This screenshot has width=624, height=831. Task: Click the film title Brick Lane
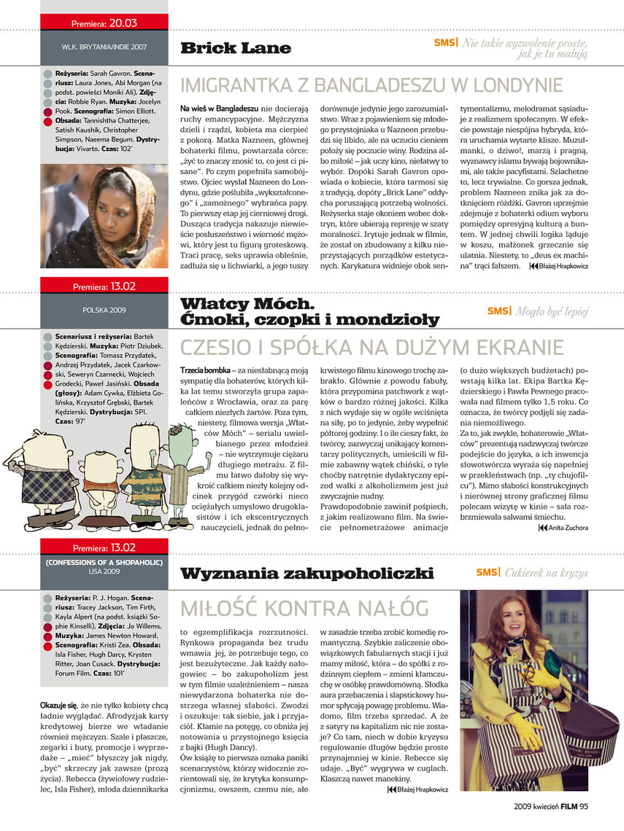235,48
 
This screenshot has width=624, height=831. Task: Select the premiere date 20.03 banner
104,20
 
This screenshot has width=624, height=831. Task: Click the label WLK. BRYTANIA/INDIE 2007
104,47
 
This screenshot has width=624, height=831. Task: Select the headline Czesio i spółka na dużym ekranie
371,347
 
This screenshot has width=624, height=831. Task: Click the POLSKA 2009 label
104,310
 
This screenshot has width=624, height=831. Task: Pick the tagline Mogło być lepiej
552,311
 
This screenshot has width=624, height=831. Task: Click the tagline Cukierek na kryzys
546,572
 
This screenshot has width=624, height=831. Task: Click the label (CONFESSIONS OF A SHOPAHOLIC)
104,563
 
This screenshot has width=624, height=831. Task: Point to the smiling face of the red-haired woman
515,618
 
